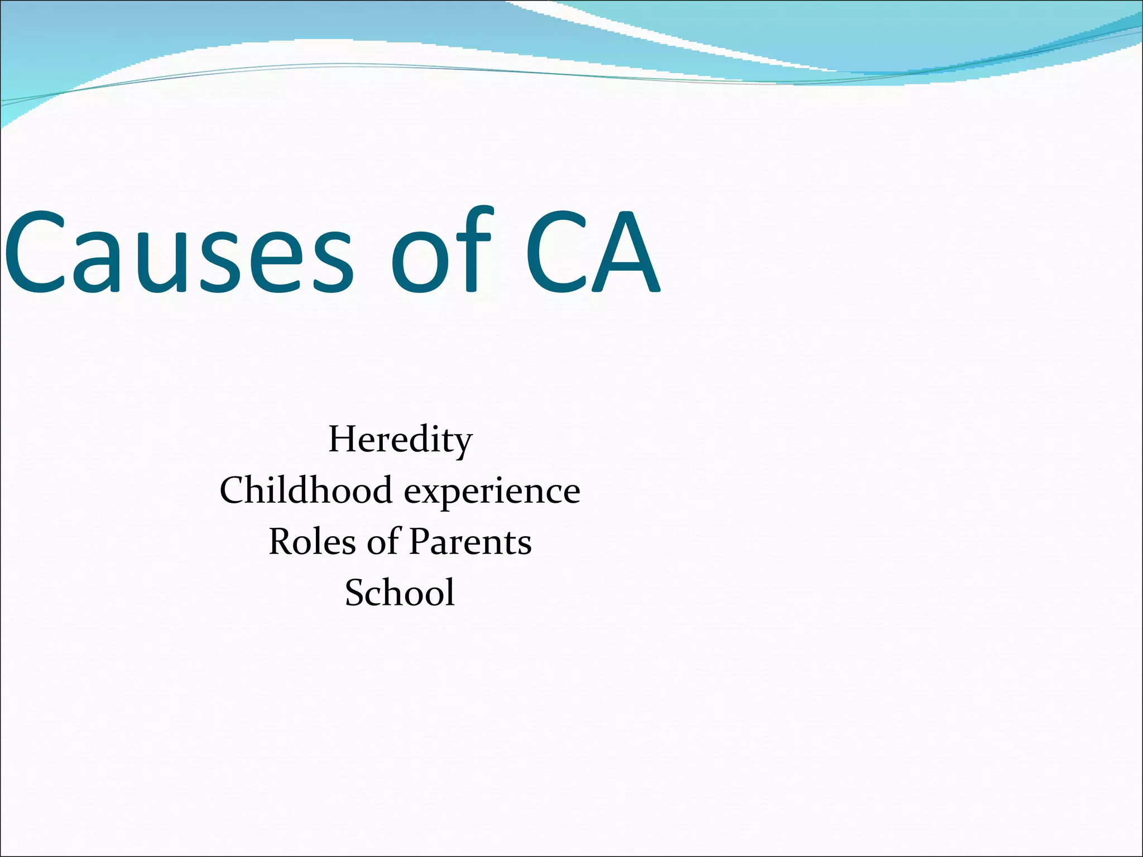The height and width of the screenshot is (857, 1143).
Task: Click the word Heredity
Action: pyautogui.click(x=400, y=440)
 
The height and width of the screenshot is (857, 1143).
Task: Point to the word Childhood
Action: pyautogui.click(x=306, y=490)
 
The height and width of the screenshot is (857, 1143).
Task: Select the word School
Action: pyautogui.click(x=400, y=592)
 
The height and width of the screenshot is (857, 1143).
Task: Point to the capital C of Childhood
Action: pyautogui.click(x=234, y=490)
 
